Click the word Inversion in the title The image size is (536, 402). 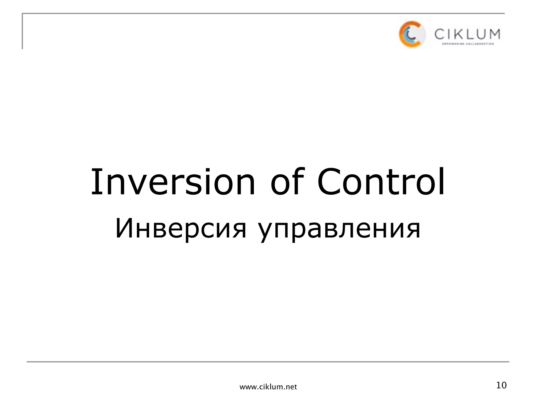[173, 182]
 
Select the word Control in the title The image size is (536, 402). [381, 182]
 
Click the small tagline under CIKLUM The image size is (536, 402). [468, 44]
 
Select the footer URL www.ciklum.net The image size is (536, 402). [268, 387]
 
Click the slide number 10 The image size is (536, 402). [501, 385]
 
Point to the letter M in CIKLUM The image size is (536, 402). [494, 34]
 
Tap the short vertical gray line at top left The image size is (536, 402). [23, 31]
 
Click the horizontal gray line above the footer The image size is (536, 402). [268, 362]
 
